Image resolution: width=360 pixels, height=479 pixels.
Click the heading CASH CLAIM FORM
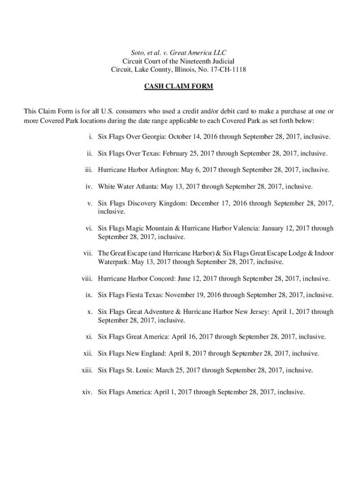click(180, 87)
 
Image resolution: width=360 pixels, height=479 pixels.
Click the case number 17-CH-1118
click(228, 70)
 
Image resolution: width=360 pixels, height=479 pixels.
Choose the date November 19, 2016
click(193, 295)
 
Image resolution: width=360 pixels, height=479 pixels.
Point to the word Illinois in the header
click(192, 70)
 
